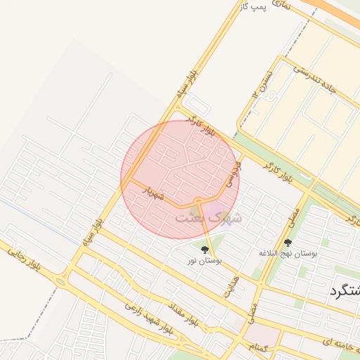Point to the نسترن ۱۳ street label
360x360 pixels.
(x=258, y=86)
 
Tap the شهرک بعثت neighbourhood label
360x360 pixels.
(x=208, y=217)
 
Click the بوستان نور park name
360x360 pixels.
(x=205, y=261)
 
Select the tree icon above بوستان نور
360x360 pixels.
(x=205, y=249)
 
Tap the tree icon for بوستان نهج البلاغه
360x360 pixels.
(x=288, y=243)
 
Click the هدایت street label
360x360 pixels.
(x=230, y=285)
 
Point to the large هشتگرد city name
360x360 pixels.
(x=345, y=292)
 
